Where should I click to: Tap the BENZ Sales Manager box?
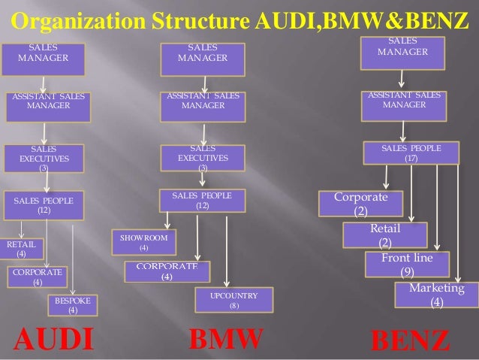tap(402, 49)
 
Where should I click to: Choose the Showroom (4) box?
tap(143, 242)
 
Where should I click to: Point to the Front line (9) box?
tap(407, 265)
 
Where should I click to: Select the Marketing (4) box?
tap(436, 295)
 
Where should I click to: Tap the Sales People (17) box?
tap(411, 153)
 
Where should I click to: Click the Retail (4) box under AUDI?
tap(21, 249)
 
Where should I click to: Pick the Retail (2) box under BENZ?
tap(384, 235)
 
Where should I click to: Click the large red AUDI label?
tap(53, 339)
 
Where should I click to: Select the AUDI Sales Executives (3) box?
tap(43, 159)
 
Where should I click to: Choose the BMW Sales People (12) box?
tap(202, 201)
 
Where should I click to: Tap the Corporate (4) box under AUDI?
tap(38, 277)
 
